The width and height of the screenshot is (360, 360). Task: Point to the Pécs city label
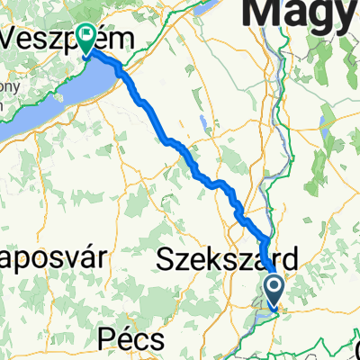(131, 341)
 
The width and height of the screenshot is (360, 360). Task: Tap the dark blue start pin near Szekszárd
(274, 291)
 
